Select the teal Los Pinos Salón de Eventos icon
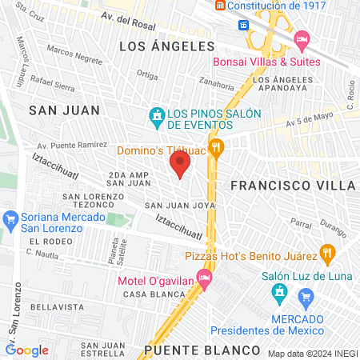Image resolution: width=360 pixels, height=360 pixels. pyautogui.click(x=158, y=117)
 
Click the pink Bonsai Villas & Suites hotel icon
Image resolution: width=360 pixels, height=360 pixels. pyautogui.click(x=302, y=39)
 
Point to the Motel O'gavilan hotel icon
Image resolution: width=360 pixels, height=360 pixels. pyautogui.click(x=204, y=278)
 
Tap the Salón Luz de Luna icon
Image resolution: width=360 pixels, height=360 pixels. pyautogui.click(x=279, y=294)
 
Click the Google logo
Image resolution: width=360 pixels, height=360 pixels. pyautogui.click(x=27, y=350)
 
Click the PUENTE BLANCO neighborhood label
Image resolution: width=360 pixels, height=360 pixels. pyautogui.click(x=202, y=350)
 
